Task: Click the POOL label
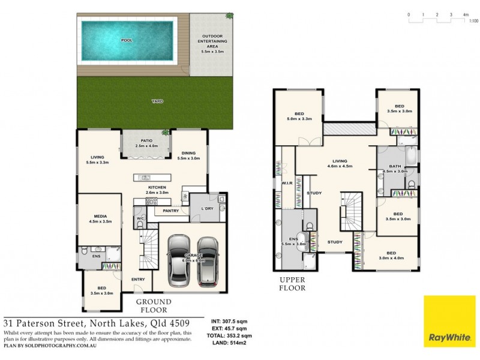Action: click(x=127, y=40)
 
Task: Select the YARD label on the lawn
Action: click(x=157, y=101)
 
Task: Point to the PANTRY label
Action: click(x=170, y=211)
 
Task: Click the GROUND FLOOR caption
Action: click(x=154, y=306)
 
